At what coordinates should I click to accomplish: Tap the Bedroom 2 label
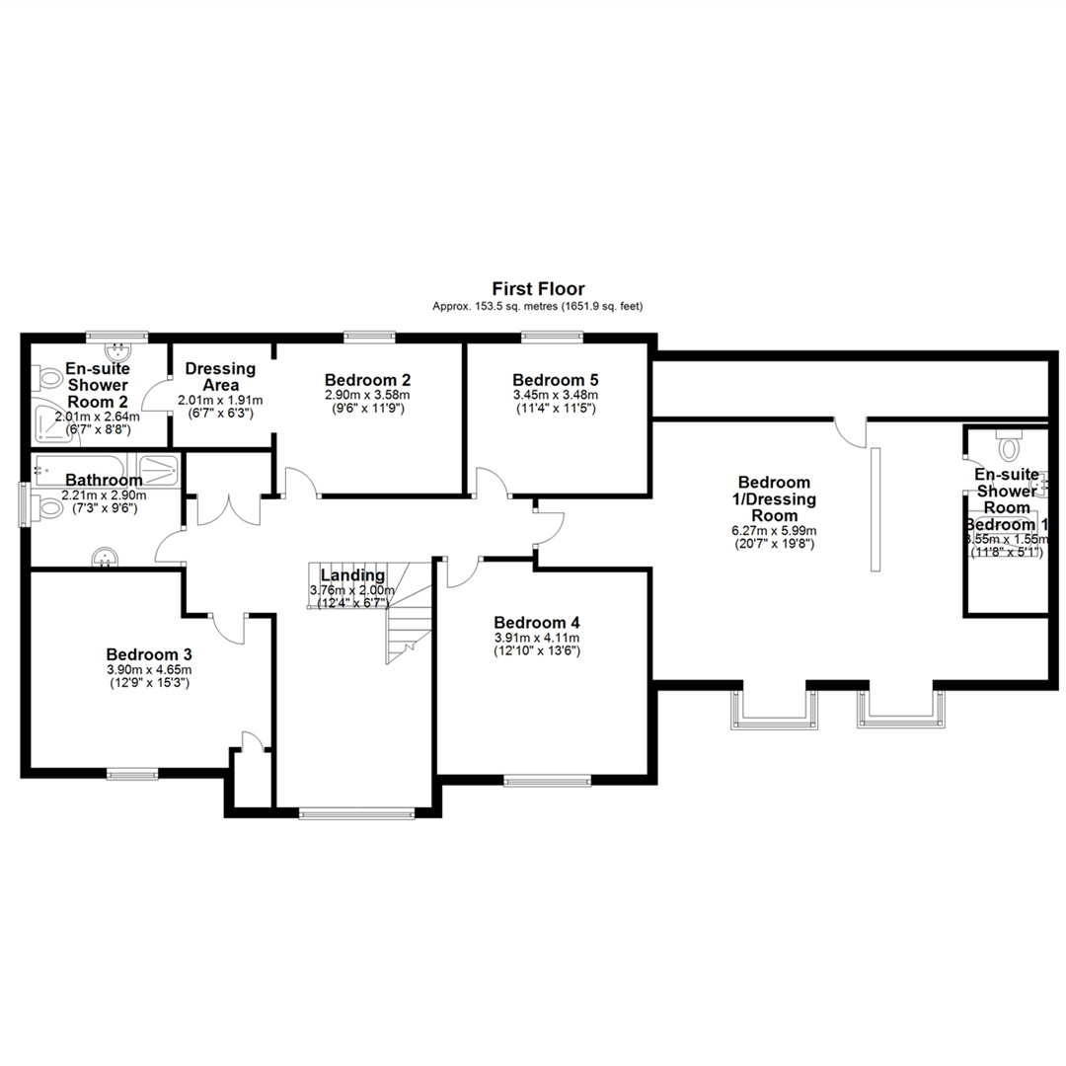coord(367,380)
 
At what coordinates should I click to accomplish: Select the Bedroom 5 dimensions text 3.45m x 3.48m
coord(555,395)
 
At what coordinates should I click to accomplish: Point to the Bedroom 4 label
coord(537,623)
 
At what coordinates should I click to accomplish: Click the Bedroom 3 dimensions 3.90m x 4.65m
coord(149,670)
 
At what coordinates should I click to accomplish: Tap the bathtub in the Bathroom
coord(84,467)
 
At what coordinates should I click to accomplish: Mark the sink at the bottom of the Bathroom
coord(107,559)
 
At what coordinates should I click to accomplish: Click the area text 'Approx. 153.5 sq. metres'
coord(495,307)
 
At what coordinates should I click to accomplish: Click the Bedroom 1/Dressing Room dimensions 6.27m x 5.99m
coord(775,530)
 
